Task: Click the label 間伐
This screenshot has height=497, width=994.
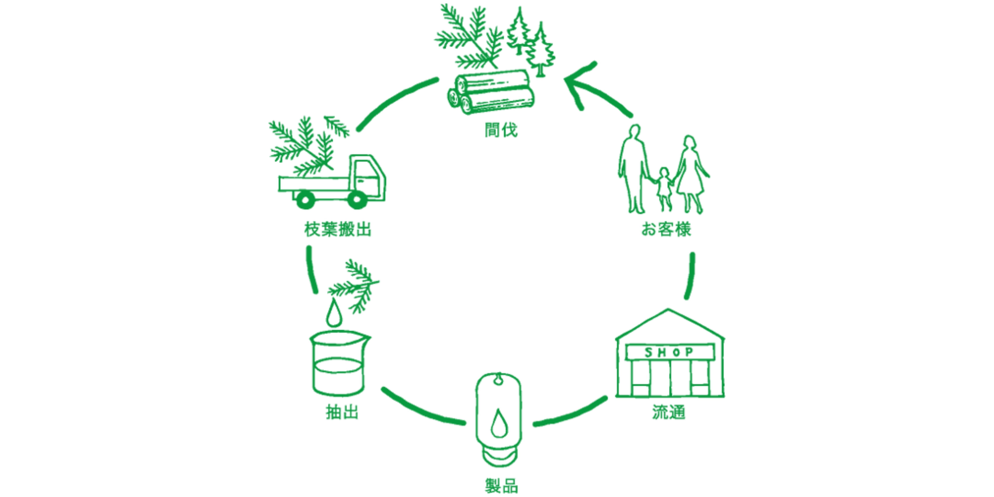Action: [501, 130]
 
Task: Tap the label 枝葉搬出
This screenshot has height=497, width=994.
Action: [338, 229]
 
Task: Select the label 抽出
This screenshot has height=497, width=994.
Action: [342, 412]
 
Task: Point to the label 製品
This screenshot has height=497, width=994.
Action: [501, 485]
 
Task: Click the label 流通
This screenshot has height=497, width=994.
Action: [669, 412]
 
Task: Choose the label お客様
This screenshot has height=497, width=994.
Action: [666, 229]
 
